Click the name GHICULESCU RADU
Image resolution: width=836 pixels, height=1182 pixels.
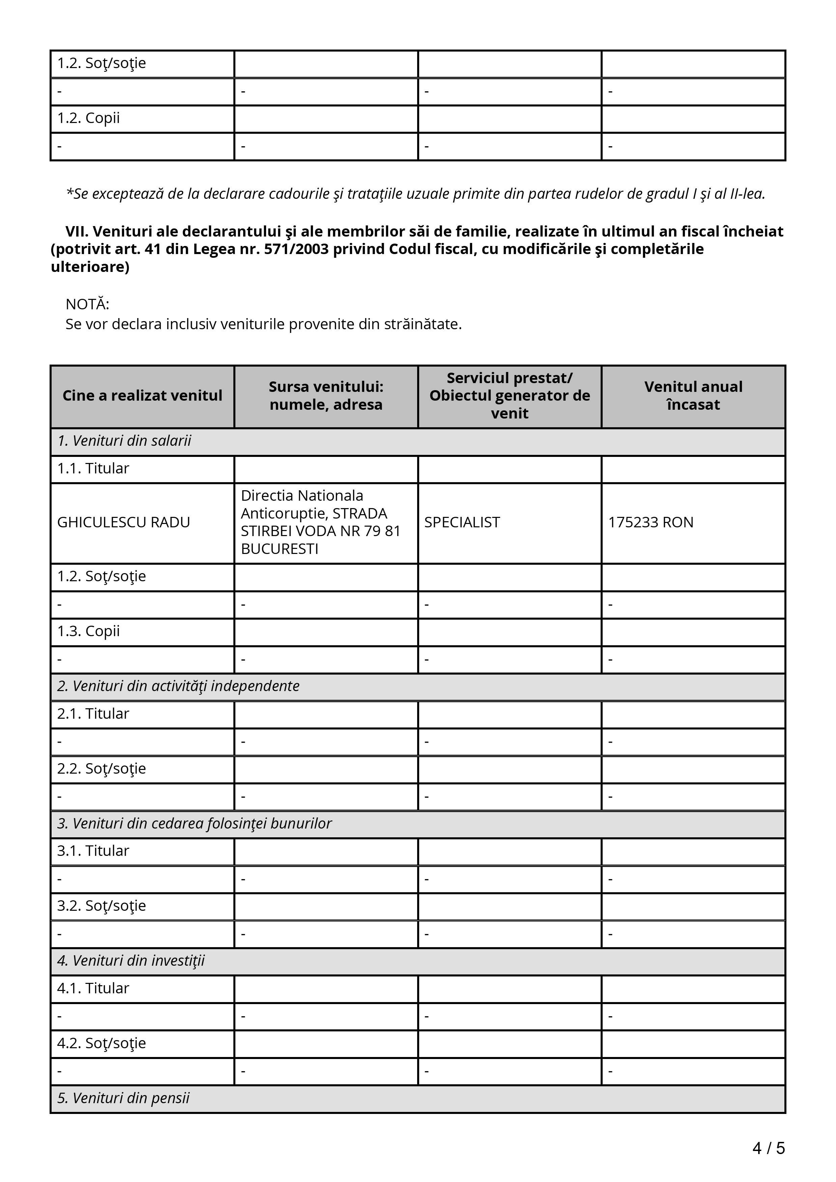124,523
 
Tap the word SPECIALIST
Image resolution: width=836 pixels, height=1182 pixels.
462,523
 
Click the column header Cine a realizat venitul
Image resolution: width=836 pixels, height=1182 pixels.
142,395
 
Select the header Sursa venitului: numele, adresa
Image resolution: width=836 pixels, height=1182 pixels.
326,395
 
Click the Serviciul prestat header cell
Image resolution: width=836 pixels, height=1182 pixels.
510,395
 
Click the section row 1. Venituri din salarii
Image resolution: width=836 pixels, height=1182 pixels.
124,441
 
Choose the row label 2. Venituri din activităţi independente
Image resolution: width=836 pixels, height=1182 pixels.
178,686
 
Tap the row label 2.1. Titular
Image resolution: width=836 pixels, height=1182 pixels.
93,714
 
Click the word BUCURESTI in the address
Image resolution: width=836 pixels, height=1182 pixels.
280,549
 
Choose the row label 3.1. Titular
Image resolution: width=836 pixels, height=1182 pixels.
93,851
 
